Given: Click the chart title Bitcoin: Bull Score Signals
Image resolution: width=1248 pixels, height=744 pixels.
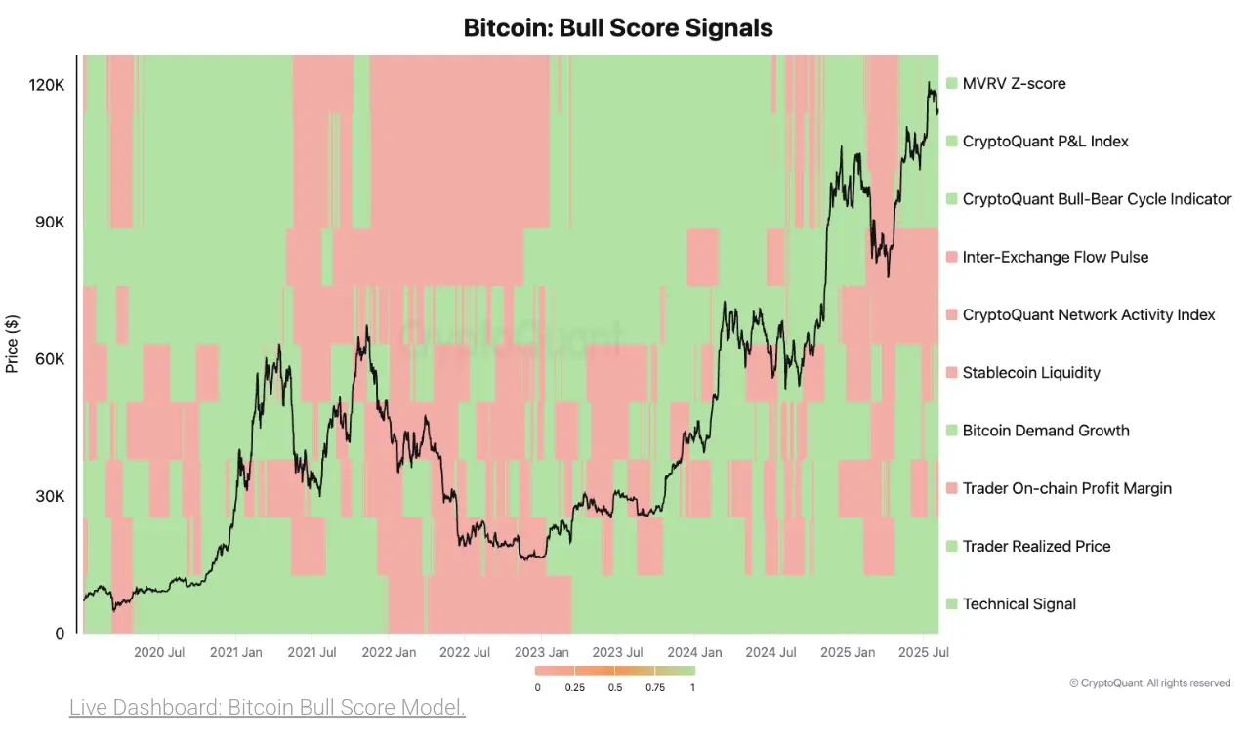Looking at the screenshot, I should (617, 28).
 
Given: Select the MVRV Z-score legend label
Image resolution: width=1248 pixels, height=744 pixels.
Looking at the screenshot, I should (1014, 84).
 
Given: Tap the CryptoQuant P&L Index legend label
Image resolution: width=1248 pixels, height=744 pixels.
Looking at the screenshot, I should (1045, 142).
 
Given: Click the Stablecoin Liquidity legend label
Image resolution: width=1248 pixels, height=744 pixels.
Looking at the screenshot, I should (1031, 373).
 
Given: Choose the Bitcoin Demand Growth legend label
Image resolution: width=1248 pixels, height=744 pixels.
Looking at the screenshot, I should (1045, 431).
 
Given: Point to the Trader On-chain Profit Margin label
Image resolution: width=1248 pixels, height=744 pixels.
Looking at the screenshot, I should (1066, 488).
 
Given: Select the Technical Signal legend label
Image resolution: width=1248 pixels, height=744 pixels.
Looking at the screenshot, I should (1019, 604).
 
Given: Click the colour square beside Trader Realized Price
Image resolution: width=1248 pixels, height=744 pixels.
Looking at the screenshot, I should (951, 547).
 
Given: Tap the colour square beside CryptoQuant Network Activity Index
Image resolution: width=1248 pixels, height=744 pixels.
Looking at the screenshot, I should (951, 315).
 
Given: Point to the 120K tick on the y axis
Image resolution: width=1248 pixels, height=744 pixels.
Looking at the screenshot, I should (46, 86).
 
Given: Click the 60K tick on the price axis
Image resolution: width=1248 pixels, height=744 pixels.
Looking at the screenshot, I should (48, 359).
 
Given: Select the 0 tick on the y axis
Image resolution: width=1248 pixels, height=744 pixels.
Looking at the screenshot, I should (60, 633).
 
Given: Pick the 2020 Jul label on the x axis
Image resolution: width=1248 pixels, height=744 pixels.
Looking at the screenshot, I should (159, 652).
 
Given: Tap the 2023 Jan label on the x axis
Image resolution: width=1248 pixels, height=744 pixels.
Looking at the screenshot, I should (542, 652).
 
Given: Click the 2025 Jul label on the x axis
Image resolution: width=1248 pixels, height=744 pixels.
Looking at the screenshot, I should (923, 652).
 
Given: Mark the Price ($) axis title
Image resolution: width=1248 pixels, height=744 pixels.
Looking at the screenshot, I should (12, 344).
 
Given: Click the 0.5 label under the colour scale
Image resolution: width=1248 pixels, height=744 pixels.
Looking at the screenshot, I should (615, 687).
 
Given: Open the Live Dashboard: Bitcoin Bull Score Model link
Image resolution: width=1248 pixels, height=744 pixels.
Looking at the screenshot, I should (267, 707).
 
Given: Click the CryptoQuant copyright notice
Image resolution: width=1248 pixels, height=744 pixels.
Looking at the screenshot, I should (1149, 683).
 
